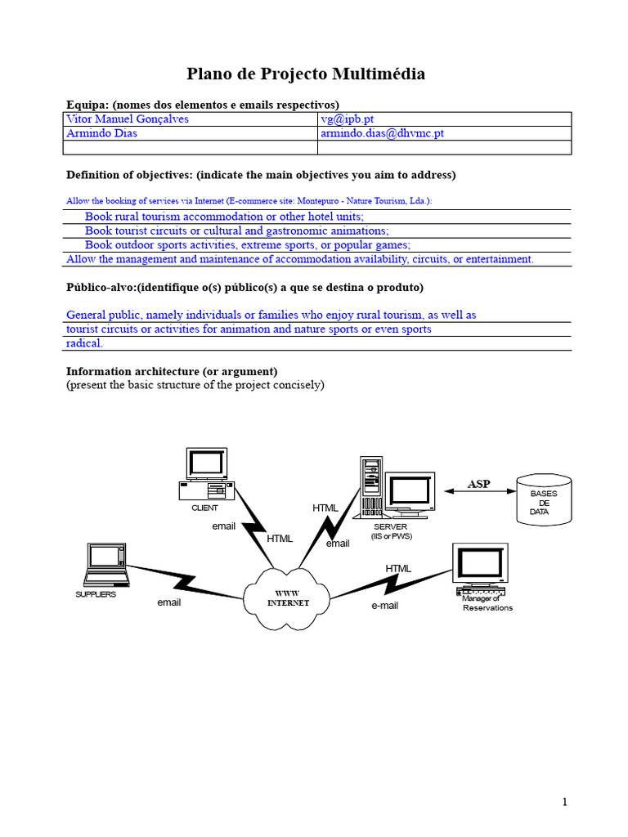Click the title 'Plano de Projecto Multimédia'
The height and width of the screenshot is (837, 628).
[x=306, y=74]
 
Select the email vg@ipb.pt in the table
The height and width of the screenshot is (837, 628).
[x=348, y=119]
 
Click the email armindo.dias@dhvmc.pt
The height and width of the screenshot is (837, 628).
[x=383, y=133]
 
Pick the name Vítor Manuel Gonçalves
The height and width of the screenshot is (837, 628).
[x=128, y=119]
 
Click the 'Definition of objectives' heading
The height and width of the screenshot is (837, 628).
[x=261, y=175]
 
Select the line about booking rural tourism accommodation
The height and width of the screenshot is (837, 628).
[x=225, y=217]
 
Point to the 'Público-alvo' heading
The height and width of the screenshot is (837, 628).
[x=244, y=288]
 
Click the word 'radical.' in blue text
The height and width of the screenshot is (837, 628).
[x=84, y=343]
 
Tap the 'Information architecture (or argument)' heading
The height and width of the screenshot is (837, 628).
[x=172, y=371]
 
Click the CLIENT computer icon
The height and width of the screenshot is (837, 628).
[x=207, y=475]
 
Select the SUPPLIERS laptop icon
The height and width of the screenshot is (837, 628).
[x=106, y=565]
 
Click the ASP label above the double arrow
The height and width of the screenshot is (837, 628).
[x=478, y=484]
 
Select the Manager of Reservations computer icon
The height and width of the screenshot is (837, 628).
[x=480, y=571]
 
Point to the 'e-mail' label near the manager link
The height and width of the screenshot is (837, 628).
[x=384, y=606]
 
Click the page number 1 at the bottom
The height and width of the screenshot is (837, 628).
[x=564, y=803]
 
